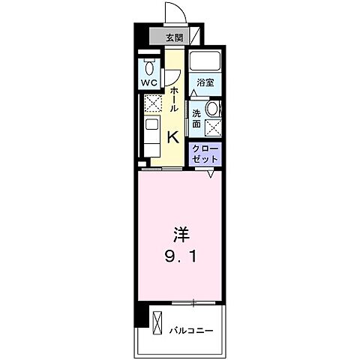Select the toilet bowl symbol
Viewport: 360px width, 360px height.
[x=149, y=64]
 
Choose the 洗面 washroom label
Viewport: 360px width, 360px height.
[x=196, y=118]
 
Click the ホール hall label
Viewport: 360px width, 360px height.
[x=174, y=98]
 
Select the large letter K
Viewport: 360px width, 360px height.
[x=172, y=136]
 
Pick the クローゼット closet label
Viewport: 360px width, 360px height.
[x=205, y=153]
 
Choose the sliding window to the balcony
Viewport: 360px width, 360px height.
[x=193, y=302]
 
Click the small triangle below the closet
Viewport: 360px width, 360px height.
[x=212, y=174]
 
